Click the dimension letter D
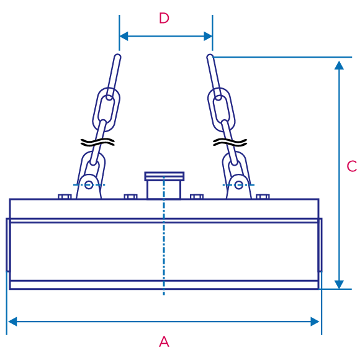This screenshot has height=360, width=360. [x=164, y=18]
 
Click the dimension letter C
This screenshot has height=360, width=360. [x=352, y=166]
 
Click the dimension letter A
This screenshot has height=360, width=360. [x=164, y=341]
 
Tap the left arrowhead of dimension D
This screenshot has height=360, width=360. [x=124, y=36]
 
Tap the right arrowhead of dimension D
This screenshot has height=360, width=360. [x=208, y=36]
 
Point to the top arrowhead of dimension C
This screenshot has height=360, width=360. [x=339, y=65]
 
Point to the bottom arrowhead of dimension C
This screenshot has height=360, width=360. [x=339, y=284]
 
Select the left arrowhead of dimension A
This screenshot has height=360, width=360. [x=12, y=322]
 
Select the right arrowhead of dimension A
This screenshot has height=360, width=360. [x=315, y=322]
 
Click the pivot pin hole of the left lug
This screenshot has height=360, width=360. [x=89, y=185]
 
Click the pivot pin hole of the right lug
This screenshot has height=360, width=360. [x=239, y=185]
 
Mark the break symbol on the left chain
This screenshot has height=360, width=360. [x=97, y=142]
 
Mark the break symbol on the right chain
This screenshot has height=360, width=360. [x=230, y=142]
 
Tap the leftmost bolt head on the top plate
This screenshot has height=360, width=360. [x=65, y=197]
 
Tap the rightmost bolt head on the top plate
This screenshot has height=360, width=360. [x=263, y=197]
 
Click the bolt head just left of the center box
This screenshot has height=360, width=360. [x=130, y=197]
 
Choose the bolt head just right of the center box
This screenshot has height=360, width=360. [x=197, y=197]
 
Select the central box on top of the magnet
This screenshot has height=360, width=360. [x=164, y=186]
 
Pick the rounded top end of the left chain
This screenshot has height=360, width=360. [x=117, y=57]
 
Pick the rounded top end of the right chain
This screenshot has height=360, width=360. [x=210, y=57]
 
